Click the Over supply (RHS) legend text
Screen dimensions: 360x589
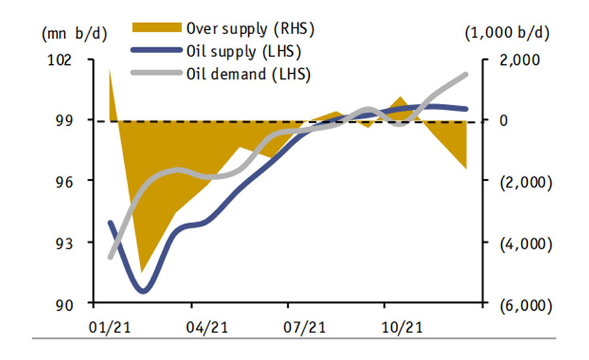pos(251,28)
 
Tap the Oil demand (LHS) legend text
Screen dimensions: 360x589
pos(248,73)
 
